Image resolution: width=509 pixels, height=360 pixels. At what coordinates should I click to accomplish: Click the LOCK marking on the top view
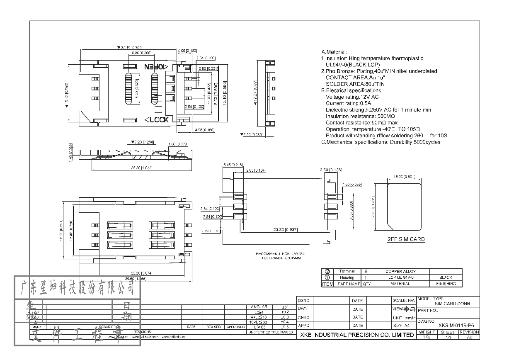156,120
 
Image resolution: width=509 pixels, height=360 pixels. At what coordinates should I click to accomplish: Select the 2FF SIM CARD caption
406,239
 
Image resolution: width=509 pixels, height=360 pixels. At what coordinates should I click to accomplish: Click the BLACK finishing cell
446,277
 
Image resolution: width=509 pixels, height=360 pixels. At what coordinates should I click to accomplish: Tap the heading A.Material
334,52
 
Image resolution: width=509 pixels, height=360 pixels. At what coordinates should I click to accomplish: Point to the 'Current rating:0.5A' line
348,103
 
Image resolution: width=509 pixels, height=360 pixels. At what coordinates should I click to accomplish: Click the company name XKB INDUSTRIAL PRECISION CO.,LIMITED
357,335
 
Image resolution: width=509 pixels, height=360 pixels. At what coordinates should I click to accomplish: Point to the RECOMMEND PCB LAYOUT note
281,253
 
